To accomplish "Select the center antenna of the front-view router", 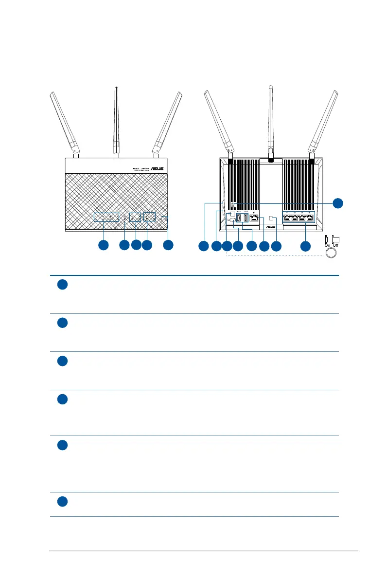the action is tap(116, 122).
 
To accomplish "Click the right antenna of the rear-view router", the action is tap(323, 122).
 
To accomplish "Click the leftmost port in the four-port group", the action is tap(287, 218).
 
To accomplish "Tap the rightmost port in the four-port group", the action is tap(310, 218).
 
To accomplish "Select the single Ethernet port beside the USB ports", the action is tap(253, 218).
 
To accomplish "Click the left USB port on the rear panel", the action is tap(239, 218).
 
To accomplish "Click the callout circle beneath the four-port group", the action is tap(305, 246).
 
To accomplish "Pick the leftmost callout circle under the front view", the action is tap(103, 245).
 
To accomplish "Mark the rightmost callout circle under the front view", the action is tap(168, 245).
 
